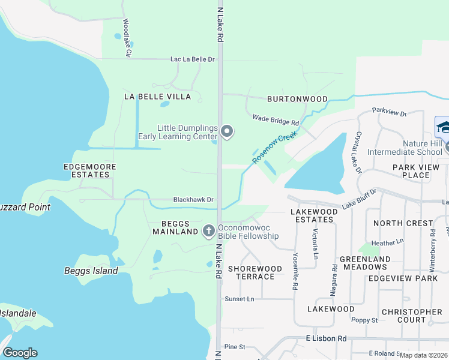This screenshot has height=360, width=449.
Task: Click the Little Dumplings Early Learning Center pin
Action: coord(226,131)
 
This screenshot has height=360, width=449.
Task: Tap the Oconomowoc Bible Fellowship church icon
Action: coord(209,230)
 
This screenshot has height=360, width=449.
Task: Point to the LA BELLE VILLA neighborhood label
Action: coord(157,97)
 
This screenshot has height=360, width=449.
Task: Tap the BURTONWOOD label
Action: coord(297,99)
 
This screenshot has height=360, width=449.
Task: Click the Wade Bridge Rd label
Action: coord(276,120)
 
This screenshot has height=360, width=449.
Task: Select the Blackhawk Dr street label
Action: coord(193,199)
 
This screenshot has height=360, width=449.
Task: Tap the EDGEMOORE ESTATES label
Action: coord(87,170)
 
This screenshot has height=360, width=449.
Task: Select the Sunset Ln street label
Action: coord(239,298)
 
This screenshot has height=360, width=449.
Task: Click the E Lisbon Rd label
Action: coord(326,338)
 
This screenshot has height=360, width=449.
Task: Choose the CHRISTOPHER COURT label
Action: coord(412,316)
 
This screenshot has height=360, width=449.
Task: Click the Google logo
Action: coord(20,353)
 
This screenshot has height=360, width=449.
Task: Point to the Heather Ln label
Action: coord(388,242)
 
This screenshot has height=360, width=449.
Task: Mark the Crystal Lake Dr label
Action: coord(358,152)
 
